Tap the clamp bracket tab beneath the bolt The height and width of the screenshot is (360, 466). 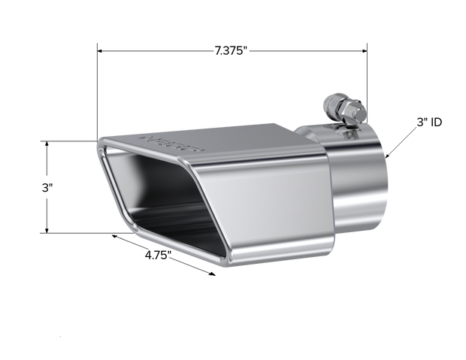coord(349,135)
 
